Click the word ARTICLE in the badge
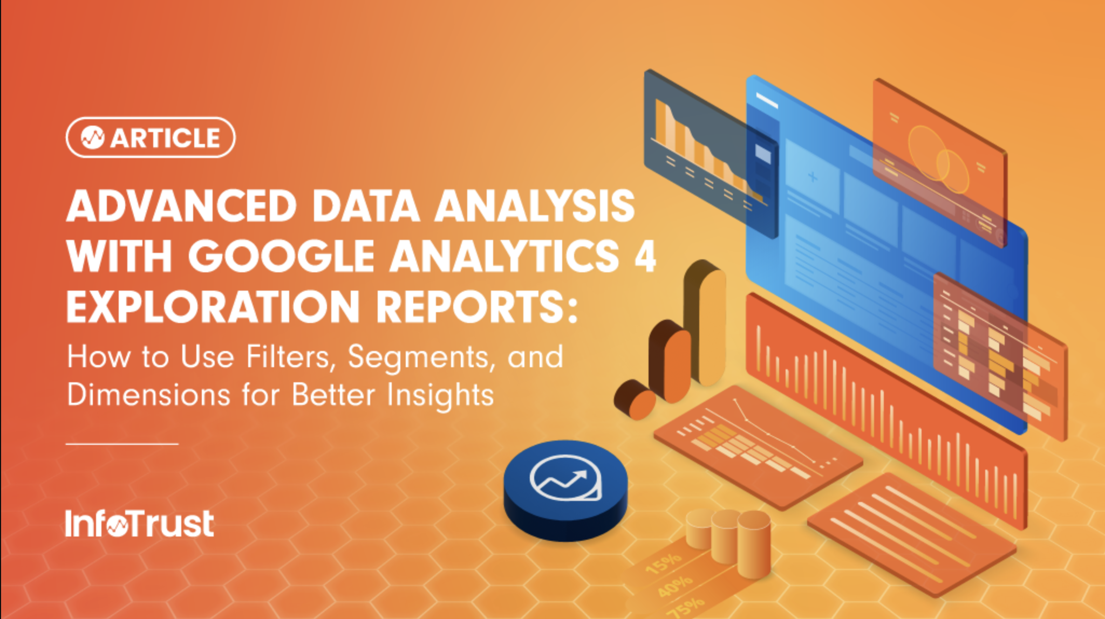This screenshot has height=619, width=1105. (x=166, y=138)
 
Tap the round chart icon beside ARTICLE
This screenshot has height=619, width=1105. (x=92, y=138)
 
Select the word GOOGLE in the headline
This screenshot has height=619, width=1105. (x=281, y=256)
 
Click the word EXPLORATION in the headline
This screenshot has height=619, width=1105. (x=213, y=306)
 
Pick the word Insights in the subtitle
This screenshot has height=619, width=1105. (x=440, y=395)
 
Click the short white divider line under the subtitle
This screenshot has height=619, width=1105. (x=122, y=444)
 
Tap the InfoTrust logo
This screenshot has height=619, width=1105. (x=139, y=523)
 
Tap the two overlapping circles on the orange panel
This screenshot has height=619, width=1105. (x=938, y=159)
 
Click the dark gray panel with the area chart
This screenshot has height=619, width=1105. (x=711, y=153)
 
